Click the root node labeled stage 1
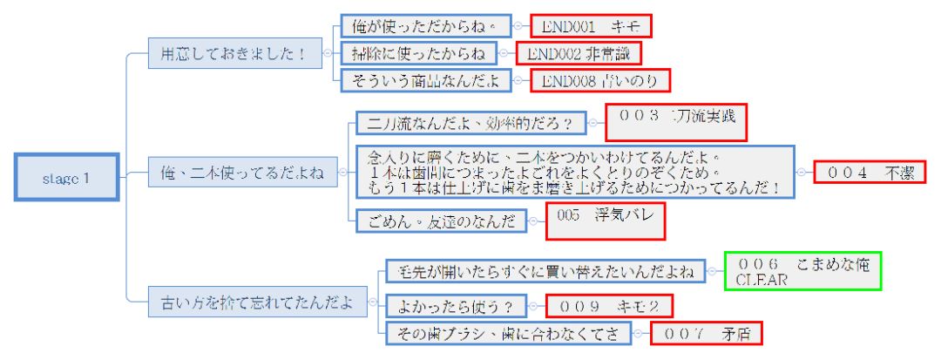pyautogui.click(x=67, y=179)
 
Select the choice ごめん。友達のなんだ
pyautogui.click(x=442, y=221)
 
